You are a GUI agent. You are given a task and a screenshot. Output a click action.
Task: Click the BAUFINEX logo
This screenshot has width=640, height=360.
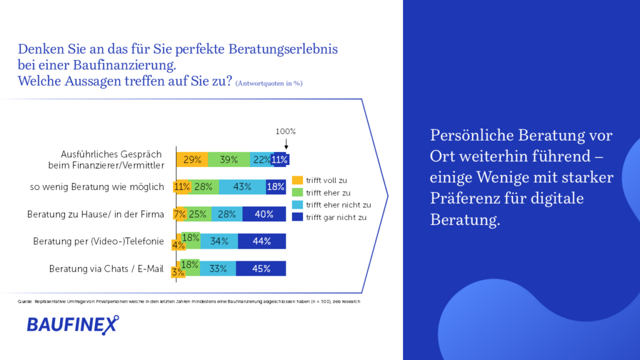[x=72, y=325]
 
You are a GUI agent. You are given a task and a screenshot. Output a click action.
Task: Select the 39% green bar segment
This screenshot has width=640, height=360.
[x=229, y=159]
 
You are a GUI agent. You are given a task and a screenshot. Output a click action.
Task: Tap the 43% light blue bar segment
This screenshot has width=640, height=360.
[x=242, y=187]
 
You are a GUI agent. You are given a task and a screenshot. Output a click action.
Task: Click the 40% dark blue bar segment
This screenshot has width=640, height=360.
[x=264, y=214]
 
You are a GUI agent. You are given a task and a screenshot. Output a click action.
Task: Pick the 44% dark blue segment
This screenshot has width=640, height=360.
[x=262, y=241]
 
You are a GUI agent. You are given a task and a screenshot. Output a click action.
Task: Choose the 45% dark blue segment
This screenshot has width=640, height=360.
[x=261, y=269]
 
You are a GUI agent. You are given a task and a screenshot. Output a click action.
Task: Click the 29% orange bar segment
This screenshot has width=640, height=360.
[x=192, y=159]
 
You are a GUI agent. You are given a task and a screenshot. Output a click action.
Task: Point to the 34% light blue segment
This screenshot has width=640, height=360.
[x=219, y=241]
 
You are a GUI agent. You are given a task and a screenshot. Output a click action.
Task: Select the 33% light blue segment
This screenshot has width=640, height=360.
[x=218, y=269]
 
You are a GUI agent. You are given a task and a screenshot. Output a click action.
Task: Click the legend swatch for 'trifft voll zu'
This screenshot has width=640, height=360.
[x=297, y=181]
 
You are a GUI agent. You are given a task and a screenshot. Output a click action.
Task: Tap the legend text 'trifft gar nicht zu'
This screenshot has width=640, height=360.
[x=336, y=217]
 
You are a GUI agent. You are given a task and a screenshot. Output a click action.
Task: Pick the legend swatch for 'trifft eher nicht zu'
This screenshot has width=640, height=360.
[x=297, y=205]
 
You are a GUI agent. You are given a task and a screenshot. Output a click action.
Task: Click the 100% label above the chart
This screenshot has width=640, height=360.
[x=286, y=131]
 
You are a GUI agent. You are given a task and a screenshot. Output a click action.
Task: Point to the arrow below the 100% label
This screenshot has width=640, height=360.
[x=286, y=144]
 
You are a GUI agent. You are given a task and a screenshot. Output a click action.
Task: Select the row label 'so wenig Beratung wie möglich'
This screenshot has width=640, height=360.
[x=97, y=187]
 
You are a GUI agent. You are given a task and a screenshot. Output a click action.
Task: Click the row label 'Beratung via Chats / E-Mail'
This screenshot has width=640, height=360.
[x=106, y=269]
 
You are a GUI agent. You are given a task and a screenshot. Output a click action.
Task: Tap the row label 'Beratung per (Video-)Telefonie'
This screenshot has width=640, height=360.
[x=98, y=241]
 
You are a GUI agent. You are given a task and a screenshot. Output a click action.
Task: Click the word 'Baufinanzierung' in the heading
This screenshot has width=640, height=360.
[x=124, y=65]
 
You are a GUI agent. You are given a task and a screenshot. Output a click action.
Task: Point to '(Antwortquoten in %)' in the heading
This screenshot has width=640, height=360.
[x=269, y=83]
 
